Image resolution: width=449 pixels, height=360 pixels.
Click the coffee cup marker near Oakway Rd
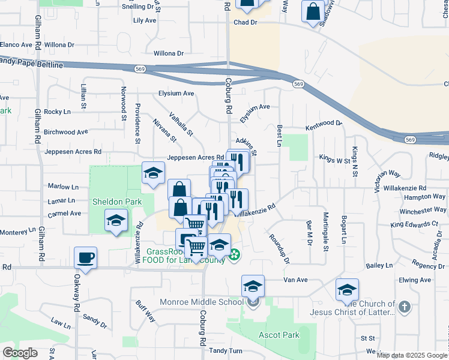[x=85, y=259]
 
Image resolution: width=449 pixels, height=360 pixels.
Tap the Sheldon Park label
[x=117, y=202]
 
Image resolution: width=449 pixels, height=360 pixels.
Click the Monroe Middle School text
[x=200, y=302]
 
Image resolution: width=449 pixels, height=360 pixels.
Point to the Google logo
[x=20, y=353]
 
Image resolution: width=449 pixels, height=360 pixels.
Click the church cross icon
[x=404, y=308]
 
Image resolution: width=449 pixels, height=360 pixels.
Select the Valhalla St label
[x=181, y=124]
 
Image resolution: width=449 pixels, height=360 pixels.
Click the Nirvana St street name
[x=164, y=130]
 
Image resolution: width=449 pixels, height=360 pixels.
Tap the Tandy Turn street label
[x=226, y=351]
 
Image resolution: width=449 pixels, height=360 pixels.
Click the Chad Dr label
[x=245, y=22]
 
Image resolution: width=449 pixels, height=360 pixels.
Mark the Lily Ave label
[x=145, y=20]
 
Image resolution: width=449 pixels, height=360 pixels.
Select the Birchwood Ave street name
[x=66, y=132]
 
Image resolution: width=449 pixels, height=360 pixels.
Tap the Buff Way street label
[x=146, y=311]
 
